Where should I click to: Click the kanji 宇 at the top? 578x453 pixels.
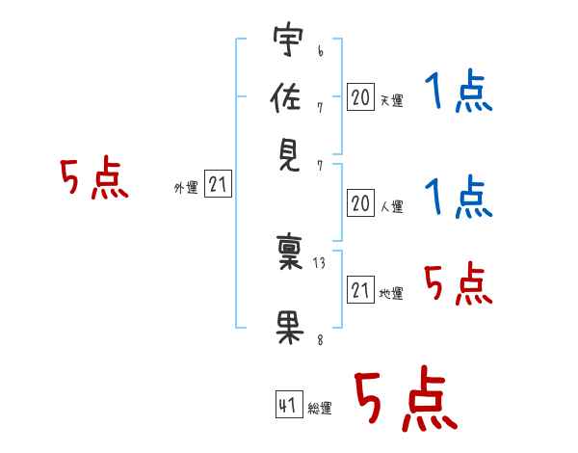288,39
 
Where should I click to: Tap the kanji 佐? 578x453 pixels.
285,96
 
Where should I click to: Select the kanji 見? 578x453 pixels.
289,155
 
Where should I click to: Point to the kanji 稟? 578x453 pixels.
289,252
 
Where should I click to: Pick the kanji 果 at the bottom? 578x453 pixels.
289,329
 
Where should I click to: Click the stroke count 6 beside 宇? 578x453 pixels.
321,51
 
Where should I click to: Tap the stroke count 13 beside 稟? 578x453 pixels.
319,263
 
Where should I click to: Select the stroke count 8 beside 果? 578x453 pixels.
321,339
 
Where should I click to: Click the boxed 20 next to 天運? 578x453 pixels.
360,97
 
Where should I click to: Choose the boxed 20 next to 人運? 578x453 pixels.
360,203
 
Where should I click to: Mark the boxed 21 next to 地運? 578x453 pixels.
360,289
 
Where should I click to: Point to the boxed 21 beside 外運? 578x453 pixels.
218,183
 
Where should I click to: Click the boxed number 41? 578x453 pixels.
289,404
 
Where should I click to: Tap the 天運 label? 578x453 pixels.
392,100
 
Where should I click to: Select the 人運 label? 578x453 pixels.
392,206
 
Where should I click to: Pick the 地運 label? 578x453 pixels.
391,293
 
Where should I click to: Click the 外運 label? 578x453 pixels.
186,187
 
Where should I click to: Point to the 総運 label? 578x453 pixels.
320,408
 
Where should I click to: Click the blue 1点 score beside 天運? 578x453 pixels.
459,91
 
